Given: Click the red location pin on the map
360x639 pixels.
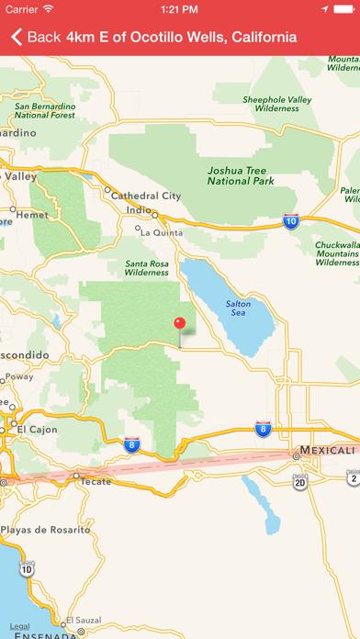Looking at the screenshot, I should click(180, 324).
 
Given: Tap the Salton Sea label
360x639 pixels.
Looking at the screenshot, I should click(237, 309).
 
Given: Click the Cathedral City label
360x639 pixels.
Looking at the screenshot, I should click(145, 196).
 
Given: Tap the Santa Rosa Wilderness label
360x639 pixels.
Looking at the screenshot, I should click(147, 267).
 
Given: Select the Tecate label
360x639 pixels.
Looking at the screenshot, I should click(96, 481).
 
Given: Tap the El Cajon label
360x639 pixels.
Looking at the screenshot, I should click(37, 429).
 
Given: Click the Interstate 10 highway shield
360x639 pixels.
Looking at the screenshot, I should click(290, 222).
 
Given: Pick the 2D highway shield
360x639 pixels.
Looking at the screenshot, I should click(299, 480).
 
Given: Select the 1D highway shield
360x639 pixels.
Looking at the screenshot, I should click(27, 569).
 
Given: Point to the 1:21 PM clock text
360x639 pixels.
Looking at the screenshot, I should click(180, 10).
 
